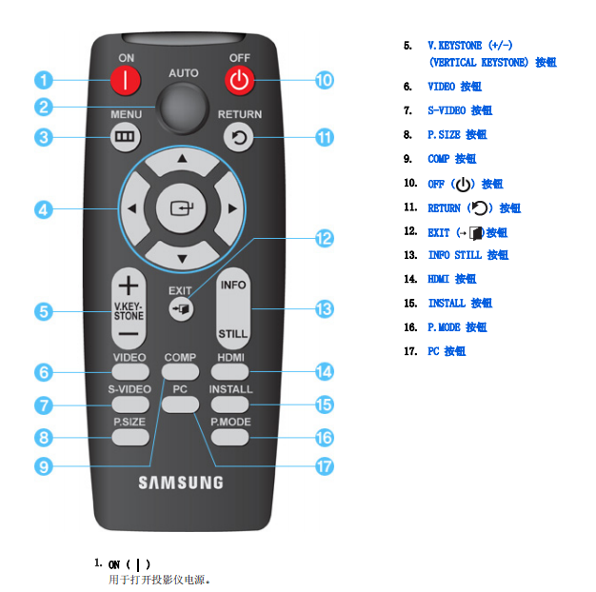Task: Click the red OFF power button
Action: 239,80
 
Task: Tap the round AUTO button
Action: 184,108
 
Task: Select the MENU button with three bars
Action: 125,137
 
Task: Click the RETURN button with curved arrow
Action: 238,137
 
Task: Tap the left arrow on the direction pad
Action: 132,208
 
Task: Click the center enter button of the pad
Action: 182,208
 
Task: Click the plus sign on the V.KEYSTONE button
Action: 129,286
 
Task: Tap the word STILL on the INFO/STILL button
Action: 232,334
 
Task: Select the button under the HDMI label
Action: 230,371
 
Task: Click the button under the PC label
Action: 180,405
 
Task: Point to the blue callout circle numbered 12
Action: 325,239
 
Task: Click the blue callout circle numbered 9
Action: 44,466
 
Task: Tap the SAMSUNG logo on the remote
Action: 181,483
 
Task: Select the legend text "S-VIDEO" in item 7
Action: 447,110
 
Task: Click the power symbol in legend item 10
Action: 463,185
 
